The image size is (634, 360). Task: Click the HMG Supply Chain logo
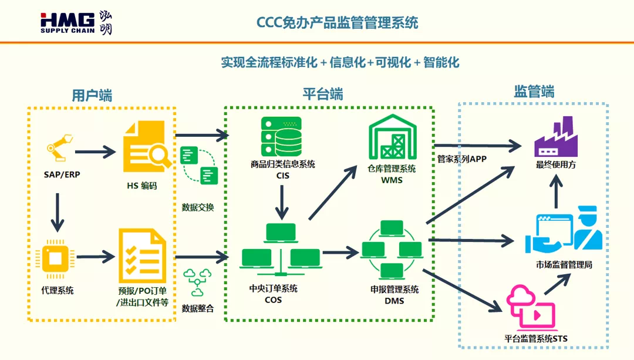point(76,22)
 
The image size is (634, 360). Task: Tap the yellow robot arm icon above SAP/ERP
point(59,147)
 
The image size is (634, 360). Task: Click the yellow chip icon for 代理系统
point(56,257)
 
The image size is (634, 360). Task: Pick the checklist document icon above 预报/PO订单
point(142,255)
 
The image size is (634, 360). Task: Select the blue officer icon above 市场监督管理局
point(564,230)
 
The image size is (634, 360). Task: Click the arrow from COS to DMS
point(340,253)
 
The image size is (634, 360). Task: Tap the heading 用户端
point(92,95)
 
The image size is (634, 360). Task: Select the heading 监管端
point(534,92)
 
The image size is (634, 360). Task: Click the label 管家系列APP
point(461,159)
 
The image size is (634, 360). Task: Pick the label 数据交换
point(198,207)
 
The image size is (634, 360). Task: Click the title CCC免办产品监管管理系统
point(338,23)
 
